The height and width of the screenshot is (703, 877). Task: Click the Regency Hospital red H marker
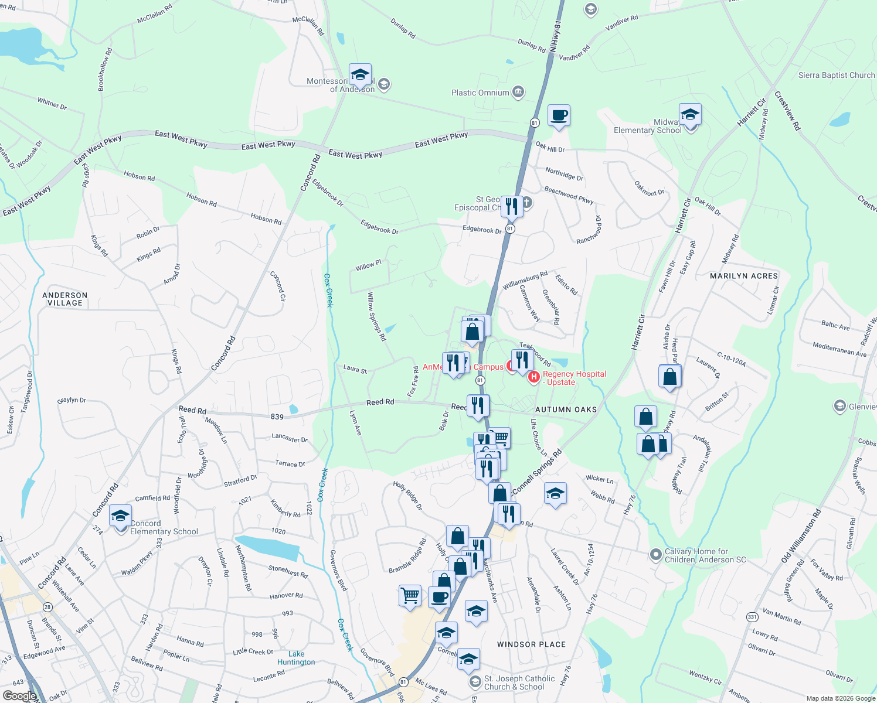[x=533, y=377]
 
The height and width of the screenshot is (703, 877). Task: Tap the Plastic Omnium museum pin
[x=518, y=92]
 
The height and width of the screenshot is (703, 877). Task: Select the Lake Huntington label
[x=296, y=658]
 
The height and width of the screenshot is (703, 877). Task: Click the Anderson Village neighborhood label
[x=65, y=299]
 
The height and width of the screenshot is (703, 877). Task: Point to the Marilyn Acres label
[x=744, y=276]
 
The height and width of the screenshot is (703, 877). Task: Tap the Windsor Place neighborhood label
[x=531, y=644]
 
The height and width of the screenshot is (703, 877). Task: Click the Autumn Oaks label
[x=566, y=409]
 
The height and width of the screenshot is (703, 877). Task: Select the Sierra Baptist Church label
[x=836, y=75]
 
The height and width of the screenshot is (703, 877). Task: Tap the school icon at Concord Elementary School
[x=120, y=516]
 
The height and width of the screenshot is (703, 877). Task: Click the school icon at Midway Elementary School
[x=690, y=115]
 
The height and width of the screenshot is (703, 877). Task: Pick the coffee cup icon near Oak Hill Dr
[x=559, y=115]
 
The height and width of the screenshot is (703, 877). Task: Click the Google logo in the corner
[x=19, y=695]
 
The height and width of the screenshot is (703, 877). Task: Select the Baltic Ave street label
[x=835, y=326]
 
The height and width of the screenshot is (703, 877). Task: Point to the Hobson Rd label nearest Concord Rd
[x=266, y=219]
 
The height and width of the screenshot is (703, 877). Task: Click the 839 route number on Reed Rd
[x=277, y=417]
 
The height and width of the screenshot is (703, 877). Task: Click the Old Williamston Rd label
[x=801, y=536]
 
